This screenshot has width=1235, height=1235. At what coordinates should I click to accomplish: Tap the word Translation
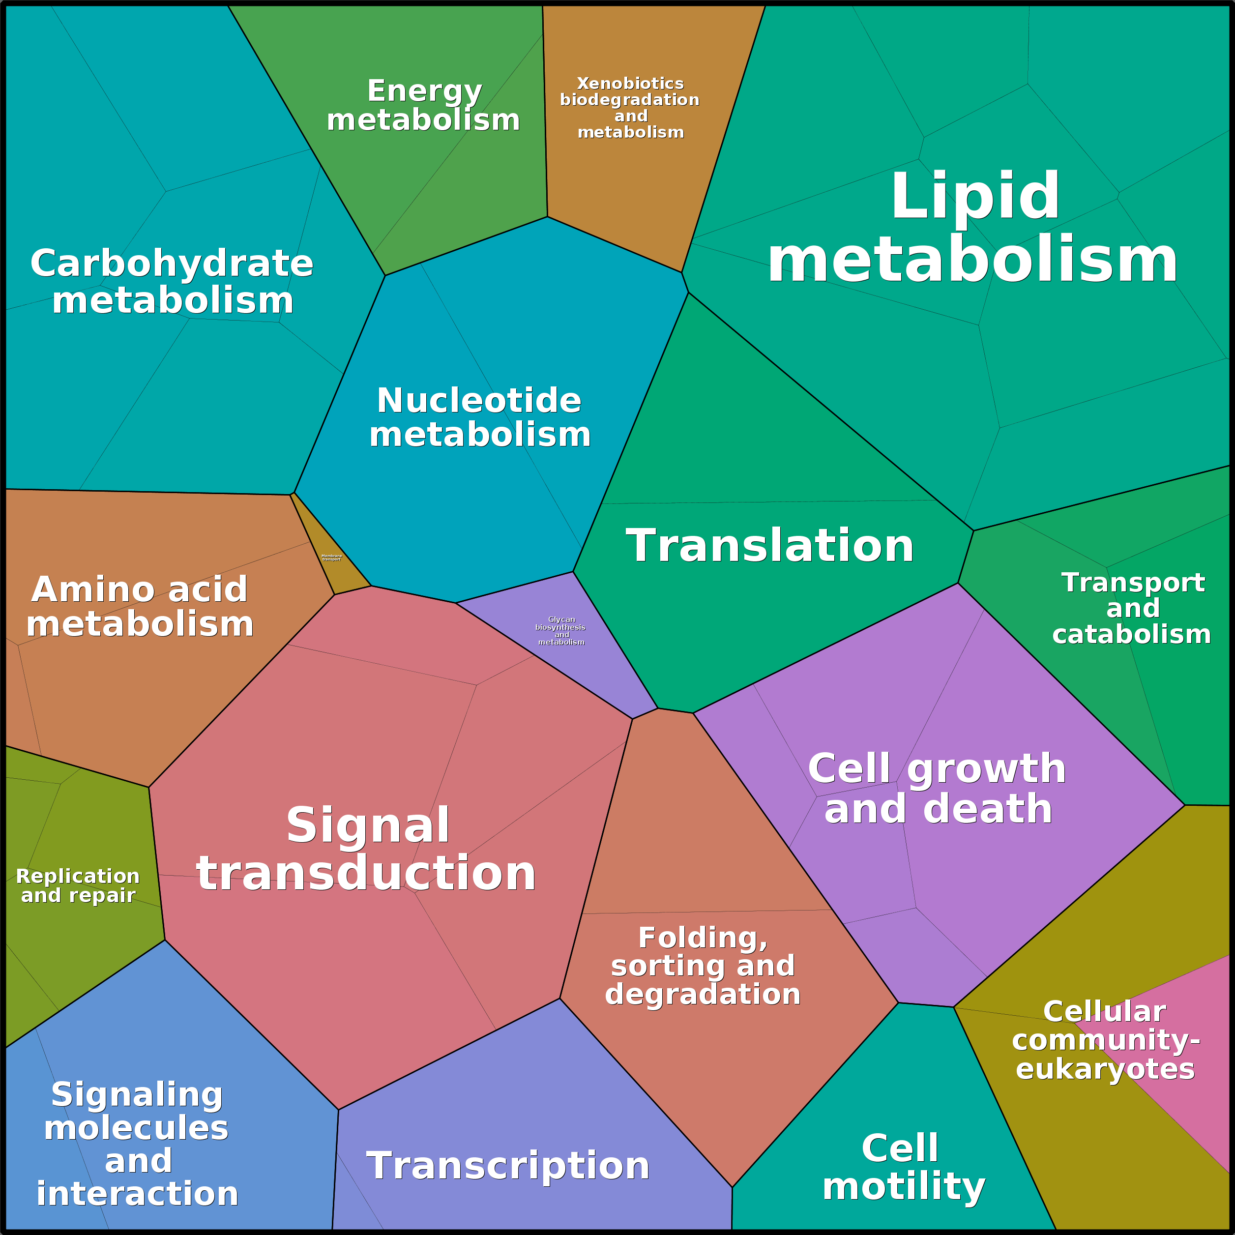point(769,545)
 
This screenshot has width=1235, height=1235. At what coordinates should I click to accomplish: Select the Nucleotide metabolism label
point(479,417)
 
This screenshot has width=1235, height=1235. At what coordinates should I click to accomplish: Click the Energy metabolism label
point(423,106)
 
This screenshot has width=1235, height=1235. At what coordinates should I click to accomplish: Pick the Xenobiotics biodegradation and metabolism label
point(630,107)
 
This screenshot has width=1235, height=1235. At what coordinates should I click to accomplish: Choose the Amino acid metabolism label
point(139,606)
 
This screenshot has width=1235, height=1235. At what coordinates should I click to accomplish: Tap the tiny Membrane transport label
point(331,558)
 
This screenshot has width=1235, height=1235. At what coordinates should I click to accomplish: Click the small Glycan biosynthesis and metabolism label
point(560,630)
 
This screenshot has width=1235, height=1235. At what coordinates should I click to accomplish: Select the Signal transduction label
point(366,849)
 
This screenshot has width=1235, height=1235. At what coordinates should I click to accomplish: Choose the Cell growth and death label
point(937,788)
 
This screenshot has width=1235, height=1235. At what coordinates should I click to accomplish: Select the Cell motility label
point(903,1167)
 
